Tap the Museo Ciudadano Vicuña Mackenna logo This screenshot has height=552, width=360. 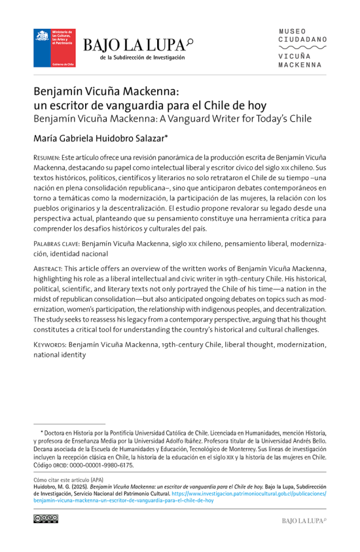pyautogui.click(x=303, y=48)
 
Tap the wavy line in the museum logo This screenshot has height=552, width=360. pyautogui.click(x=303, y=48)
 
